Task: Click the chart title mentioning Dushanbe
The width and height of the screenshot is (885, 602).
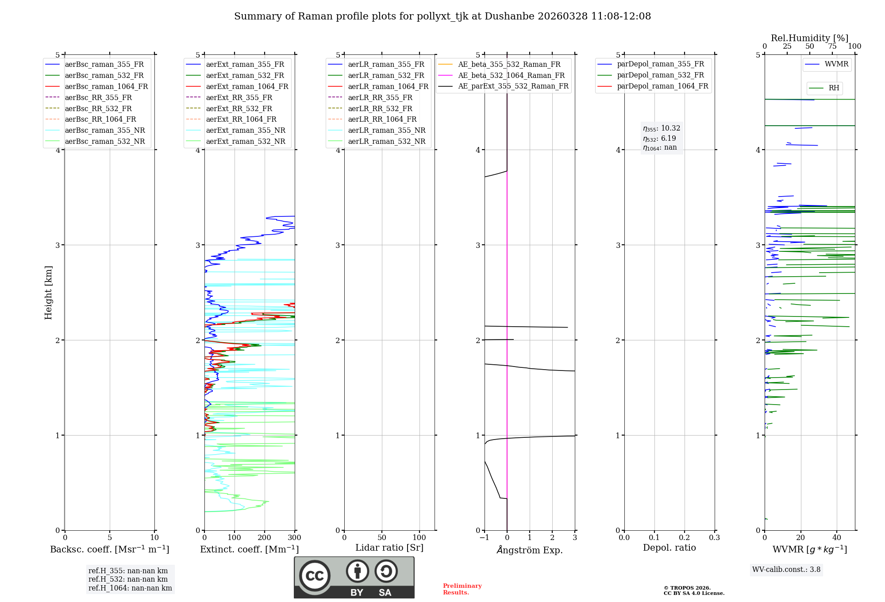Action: (442, 16)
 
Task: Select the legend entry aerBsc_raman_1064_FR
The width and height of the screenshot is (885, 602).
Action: (106, 87)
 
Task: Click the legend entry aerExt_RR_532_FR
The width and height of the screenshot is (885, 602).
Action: (239, 108)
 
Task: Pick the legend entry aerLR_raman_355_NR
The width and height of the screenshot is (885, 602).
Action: (386, 131)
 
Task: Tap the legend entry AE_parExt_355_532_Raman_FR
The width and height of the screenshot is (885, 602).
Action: (513, 86)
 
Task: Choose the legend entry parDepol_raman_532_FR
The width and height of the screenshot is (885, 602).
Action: (660, 75)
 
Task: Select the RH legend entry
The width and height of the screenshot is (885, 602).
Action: (834, 88)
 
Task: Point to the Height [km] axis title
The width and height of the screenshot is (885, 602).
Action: (48, 293)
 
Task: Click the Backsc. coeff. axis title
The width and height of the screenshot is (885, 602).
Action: (110, 549)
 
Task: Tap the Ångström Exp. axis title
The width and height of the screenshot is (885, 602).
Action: (530, 550)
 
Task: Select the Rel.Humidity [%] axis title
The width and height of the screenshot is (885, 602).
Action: (809, 38)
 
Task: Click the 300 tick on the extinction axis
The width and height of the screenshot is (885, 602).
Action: (295, 538)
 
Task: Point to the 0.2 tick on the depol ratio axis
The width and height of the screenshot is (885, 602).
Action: (685, 538)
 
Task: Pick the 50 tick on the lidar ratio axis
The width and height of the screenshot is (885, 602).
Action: (382, 538)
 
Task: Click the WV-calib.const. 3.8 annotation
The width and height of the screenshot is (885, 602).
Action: (786, 570)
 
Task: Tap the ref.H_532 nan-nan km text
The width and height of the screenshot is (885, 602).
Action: (128, 579)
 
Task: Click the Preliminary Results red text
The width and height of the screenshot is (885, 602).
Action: (462, 589)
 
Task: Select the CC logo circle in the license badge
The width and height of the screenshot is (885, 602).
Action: (315, 576)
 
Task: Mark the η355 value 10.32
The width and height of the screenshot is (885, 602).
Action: (662, 128)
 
